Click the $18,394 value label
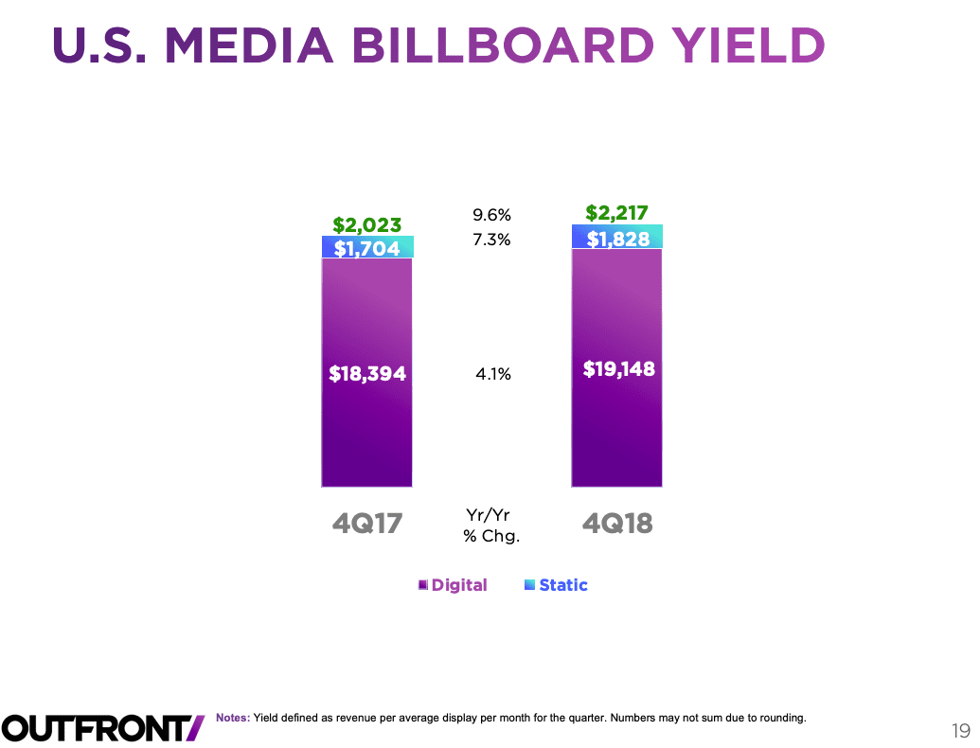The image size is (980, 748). pos(367,374)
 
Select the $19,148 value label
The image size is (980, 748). pos(618,368)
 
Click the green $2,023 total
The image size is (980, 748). pos(367,225)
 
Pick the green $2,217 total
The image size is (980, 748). pos(617,213)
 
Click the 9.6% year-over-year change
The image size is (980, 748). pos(492,215)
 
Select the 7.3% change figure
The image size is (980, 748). pos(492,240)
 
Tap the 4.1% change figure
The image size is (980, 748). pos(492,375)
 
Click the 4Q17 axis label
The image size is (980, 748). pos(367,523)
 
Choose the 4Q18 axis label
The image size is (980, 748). pos(617,523)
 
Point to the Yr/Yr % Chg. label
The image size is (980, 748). pos(491,525)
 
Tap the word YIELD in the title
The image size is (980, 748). pos(749,45)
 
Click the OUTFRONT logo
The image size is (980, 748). pos(102,726)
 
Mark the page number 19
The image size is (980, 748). pos(961,730)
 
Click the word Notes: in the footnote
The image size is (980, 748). pos(233,718)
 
